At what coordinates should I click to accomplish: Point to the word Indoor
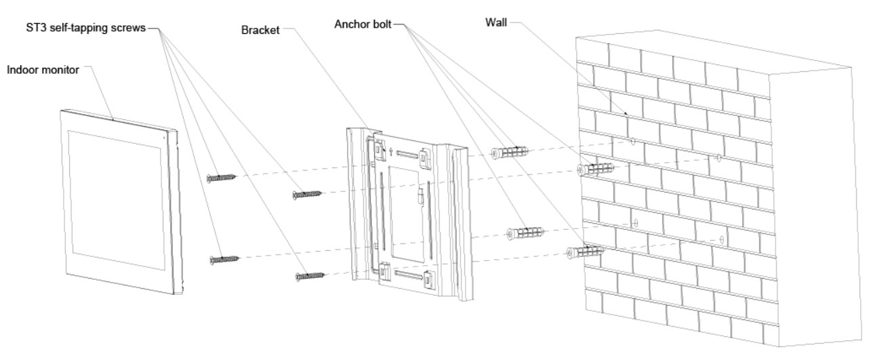coord(21,70)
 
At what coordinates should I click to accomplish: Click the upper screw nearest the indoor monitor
coord(222,178)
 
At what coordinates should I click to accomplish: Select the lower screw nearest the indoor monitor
coord(225,258)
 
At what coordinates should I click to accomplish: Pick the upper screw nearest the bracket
coord(306,195)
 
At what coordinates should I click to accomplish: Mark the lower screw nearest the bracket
coord(309,275)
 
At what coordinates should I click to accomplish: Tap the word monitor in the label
coord(60,70)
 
